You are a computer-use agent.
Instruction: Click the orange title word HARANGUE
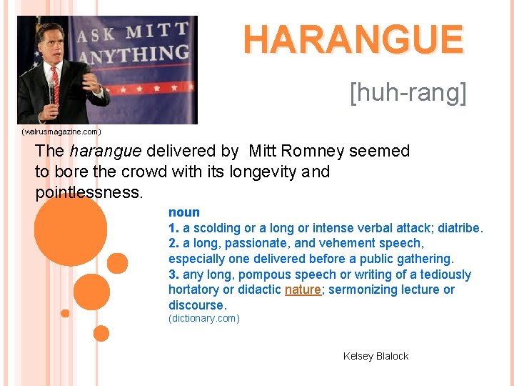[x=353, y=39]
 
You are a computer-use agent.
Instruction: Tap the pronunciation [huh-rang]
[x=408, y=92]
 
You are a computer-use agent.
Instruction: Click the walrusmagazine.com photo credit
[x=61, y=132]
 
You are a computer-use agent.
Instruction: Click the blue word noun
[x=184, y=212]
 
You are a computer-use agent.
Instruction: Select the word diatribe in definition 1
[x=460, y=228]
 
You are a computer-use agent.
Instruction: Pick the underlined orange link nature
[x=303, y=289]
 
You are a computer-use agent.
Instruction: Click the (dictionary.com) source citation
[x=204, y=318]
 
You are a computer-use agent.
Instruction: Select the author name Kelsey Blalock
[x=376, y=356]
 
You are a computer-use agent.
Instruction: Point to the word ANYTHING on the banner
[x=138, y=54]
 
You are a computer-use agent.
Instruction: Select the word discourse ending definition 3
[x=196, y=305]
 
